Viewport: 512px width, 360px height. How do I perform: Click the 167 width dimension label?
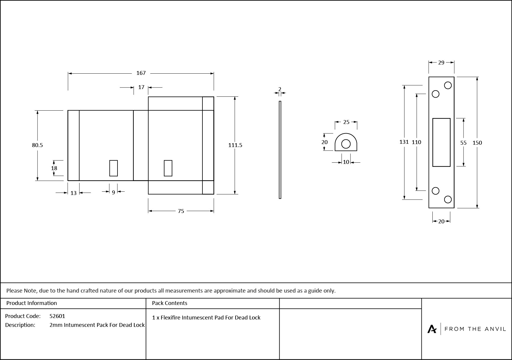141,73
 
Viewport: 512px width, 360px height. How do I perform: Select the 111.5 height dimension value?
235,145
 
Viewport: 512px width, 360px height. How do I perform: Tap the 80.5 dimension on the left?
37,145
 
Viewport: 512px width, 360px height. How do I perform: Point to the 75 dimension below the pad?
181,211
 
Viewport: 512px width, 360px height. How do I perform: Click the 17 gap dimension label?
141,87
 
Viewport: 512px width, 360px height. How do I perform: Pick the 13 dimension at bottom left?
73,193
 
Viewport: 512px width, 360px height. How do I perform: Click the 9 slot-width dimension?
113,193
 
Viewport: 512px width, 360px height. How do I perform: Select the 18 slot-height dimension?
54,168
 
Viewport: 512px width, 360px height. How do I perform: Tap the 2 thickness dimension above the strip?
280,89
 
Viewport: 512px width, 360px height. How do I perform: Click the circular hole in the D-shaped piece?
346,144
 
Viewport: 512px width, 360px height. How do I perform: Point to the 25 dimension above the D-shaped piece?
346,122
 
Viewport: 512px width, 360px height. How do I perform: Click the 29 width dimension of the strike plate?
441,63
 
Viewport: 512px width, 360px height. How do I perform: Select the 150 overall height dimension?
477,143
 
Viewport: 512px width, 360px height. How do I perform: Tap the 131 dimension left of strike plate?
404,142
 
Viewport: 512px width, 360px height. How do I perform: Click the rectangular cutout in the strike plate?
441,142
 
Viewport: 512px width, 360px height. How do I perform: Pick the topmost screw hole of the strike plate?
448,85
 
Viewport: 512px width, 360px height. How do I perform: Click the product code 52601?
57,316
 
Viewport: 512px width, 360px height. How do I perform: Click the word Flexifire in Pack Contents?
170,318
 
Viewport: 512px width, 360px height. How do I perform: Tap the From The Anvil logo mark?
432,329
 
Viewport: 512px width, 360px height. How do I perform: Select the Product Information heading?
31,303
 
